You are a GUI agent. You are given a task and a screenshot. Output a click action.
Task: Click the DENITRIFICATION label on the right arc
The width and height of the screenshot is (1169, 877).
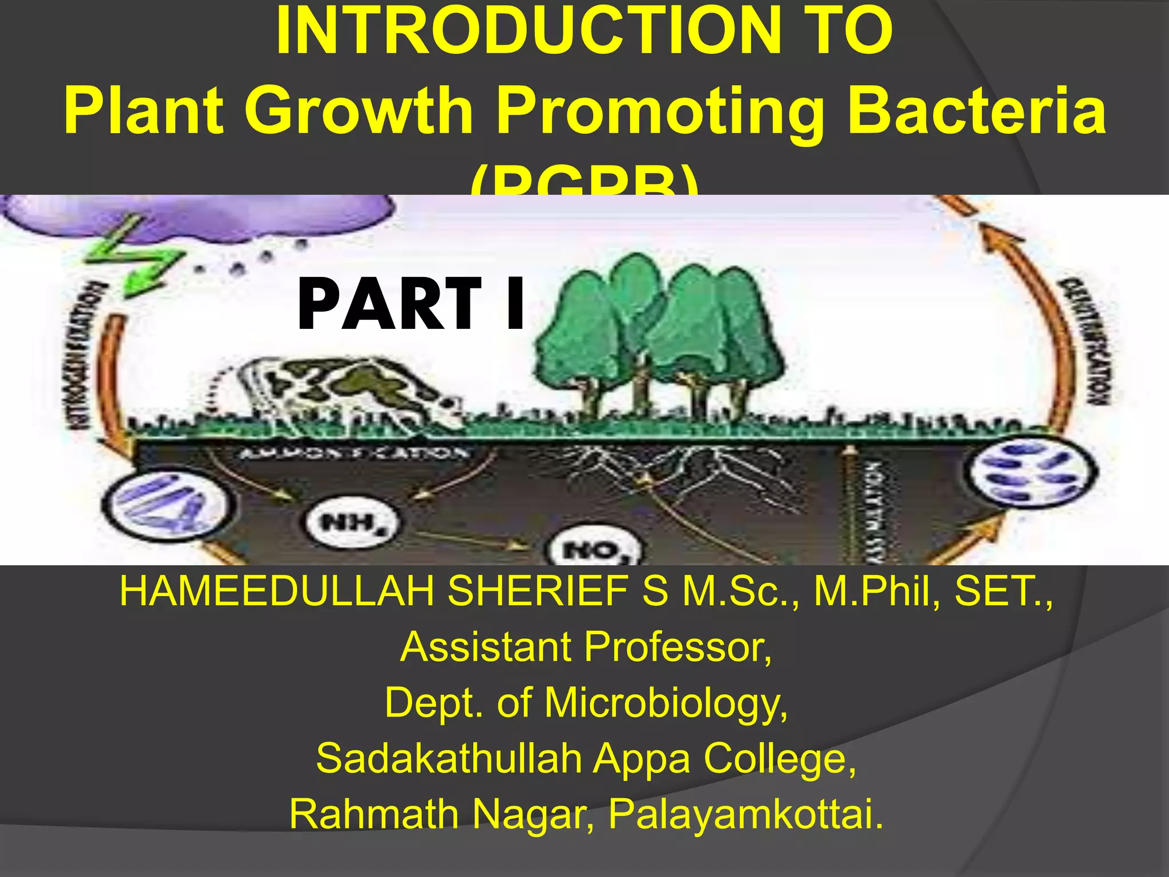[x=1082, y=343]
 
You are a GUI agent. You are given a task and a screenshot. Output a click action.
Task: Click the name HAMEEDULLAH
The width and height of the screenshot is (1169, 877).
[x=276, y=591]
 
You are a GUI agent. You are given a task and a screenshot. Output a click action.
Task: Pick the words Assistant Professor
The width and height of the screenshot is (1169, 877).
[x=586, y=647]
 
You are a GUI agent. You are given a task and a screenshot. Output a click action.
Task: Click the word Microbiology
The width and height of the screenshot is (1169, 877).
[x=666, y=702]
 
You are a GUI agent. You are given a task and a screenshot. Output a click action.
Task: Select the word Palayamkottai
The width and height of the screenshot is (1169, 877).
[x=745, y=814]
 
